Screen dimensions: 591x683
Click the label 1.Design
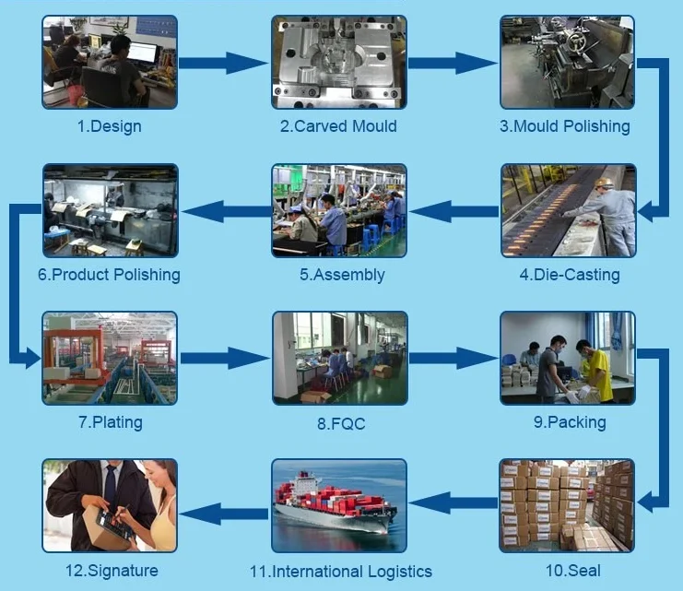[109, 126]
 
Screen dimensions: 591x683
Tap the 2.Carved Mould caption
[338, 126]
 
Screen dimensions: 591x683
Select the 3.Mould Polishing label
[565, 126]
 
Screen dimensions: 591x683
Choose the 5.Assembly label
[342, 274]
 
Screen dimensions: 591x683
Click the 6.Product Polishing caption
[109, 274]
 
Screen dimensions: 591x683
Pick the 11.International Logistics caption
[340, 571]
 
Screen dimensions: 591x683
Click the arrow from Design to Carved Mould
[224, 63]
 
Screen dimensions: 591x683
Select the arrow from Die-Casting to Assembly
[453, 212]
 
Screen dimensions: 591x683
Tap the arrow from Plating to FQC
[224, 358]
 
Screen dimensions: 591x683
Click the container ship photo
[339, 505]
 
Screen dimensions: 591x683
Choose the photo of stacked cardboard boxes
[567, 505]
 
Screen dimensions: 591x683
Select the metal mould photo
[338, 62]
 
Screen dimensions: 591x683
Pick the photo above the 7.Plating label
[110, 358]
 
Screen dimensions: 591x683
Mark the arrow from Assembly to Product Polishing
[224, 212]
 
